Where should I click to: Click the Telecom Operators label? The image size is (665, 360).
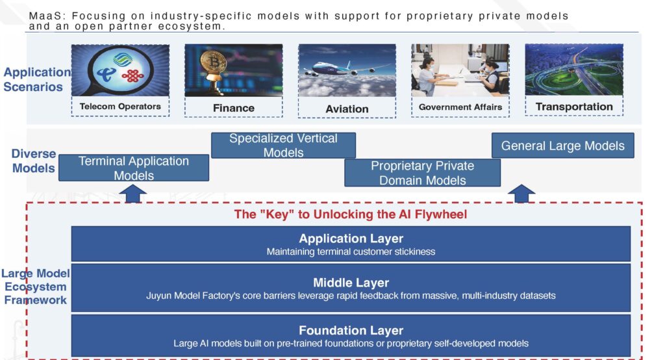pyautogui.click(x=120, y=107)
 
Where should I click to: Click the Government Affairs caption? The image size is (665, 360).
pyautogui.click(x=460, y=107)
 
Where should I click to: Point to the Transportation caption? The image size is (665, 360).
pyautogui.click(x=574, y=107)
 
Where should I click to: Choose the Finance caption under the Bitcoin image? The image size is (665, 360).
pyautogui.click(x=234, y=109)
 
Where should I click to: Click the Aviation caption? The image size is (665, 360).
pyautogui.click(x=347, y=109)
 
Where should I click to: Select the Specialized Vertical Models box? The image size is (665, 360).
pyautogui.click(x=283, y=145)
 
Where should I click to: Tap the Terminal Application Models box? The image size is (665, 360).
pyautogui.click(x=134, y=168)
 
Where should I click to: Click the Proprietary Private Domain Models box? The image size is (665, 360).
pyautogui.click(x=422, y=173)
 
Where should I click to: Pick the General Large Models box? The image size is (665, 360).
pyautogui.click(x=563, y=146)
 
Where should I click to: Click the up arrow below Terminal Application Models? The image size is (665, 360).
pyautogui.click(x=132, y=194)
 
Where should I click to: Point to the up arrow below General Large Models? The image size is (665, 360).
pyautogui.click(x=521, y=194)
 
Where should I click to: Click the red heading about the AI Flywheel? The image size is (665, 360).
pyautogui.click(x=350, y=214)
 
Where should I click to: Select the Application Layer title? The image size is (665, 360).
pyautogui.click(x=351, y=238)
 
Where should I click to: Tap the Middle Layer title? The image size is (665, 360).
pyautogui.click(x=351, y=282)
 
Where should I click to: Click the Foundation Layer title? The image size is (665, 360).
pyautogui.click(x=351, y=330)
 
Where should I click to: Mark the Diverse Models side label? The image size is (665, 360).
pyautogui.click(x=34, y=161)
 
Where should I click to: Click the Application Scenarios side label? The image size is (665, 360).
pyautogui.click(x=37, y=79)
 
